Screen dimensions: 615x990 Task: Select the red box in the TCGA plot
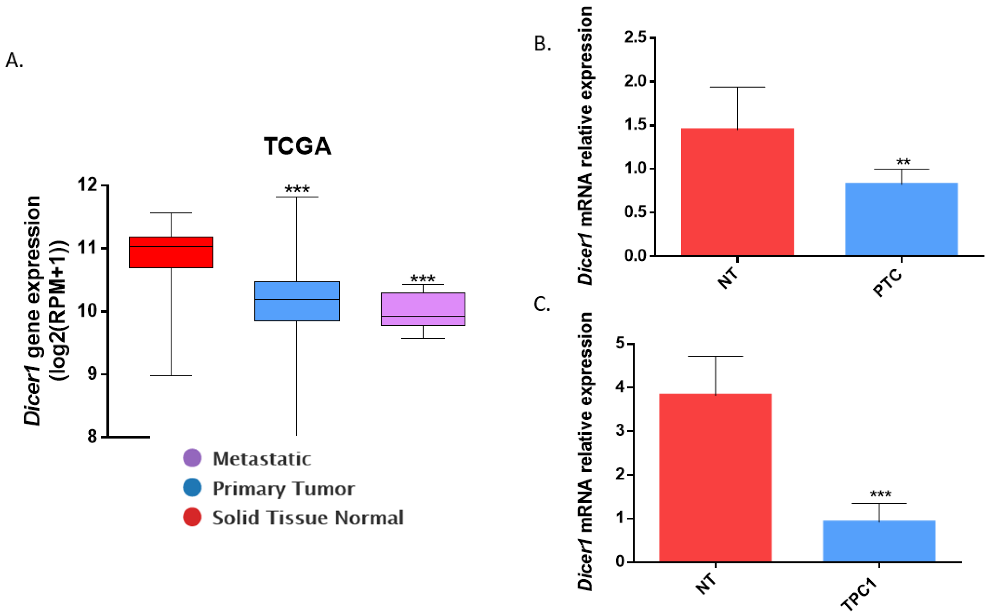[x=171, y=252]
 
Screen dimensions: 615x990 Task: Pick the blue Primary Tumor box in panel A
[x=297, y=301]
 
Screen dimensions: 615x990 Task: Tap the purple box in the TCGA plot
[x=423, y=309]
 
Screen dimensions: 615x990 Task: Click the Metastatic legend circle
[x=192, y=458]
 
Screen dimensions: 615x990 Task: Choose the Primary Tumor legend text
[x=283, y=488]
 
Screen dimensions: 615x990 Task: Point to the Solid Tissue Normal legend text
[x=308, y=518]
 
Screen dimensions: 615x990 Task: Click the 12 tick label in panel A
[x=88, y=185]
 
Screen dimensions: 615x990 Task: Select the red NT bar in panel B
[x=737, y=192]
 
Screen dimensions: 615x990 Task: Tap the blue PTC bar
[x=902, y=219]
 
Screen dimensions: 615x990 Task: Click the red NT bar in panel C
[x=715, y=478]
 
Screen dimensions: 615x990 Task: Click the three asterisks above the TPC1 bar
[x=880, y=495]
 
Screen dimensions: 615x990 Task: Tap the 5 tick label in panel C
[x=620, y=344]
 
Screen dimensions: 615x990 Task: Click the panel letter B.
[x=542, y=44]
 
